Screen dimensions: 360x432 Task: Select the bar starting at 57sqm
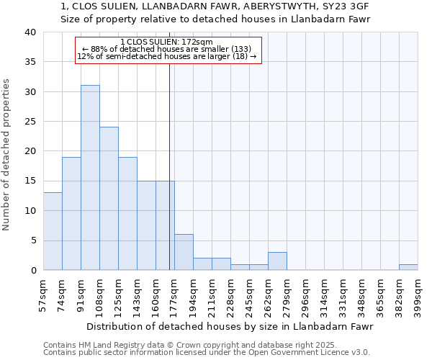tap(53, 231)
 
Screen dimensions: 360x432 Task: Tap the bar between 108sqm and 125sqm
tap(109, 199)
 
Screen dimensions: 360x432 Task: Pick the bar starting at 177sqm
tap(184, 252)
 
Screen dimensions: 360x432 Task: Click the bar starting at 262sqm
tap(277, 261)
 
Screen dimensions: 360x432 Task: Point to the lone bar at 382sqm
tap(408, 267)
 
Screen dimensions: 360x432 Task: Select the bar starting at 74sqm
tap(71, 213)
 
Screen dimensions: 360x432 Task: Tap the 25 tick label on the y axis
tap(30, 122)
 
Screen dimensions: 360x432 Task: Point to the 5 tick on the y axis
tap(33, 240)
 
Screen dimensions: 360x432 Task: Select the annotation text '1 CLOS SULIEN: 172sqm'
tap(166, 42)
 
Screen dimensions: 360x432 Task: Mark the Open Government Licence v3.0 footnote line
tap(207, 353)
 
